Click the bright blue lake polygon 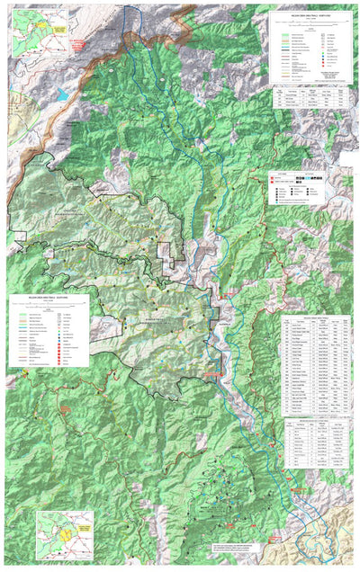pyautogui.click(x=62, y=93)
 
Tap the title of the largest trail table pyautogui.click(x=310, y=318)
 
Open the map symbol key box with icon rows pyautogui.click(x=294, y=190)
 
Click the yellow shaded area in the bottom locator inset pyautogui.click(x=66, y=535)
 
